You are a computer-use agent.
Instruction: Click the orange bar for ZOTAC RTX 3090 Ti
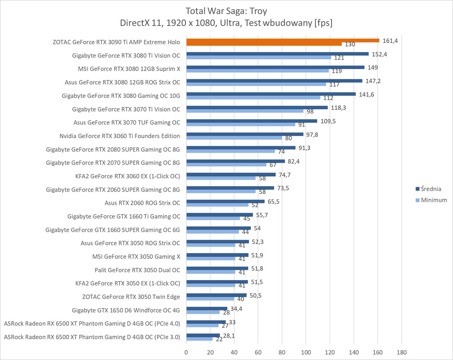pyautogui.click(x=282, y=40)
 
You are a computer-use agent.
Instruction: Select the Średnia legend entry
pyautogui.click(x=430, y=189)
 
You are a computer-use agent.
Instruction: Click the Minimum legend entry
pyautogui.click(x=434, y=200)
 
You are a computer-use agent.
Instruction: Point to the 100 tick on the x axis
pyautogui.click(x=306, y=352)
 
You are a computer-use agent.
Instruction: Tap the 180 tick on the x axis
pyautogui.click(x=402, y=352)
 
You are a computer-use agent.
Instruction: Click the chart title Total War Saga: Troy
pyautogui.click(x=226, y=11)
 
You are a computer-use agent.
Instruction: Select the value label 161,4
pyautogui.click(x=390, y=41)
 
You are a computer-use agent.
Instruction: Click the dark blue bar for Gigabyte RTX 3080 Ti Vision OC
pyautogui.click(x=277, y=54)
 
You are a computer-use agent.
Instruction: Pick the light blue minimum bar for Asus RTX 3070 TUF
pyautogui.click(x=241, y=125)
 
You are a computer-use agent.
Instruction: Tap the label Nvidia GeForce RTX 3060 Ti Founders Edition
pyautogui.click(x=119, y=136)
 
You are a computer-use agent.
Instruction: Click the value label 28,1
pyautogui.click(x=227, y=336)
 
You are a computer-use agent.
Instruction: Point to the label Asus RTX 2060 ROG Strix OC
pyautogui.click(x=142, y=203)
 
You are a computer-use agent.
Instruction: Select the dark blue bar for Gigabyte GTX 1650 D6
pyautogui.click(x=207, y=309)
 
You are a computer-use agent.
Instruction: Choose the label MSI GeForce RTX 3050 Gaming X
pyautogui.click(x=136, y=256)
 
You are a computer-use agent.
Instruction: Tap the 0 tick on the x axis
pyautogui.click(x=186, y=352)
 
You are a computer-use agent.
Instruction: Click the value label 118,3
pyautogui.click(x=339, y=108)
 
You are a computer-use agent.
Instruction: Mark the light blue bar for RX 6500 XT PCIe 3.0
pyautogui.click(x=199, y=339)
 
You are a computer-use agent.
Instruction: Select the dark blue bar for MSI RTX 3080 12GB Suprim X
pyautogui.click(x=275, y=67)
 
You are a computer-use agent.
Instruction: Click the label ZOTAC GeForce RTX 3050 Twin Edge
pyautogui.click(x=131, y=297)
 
